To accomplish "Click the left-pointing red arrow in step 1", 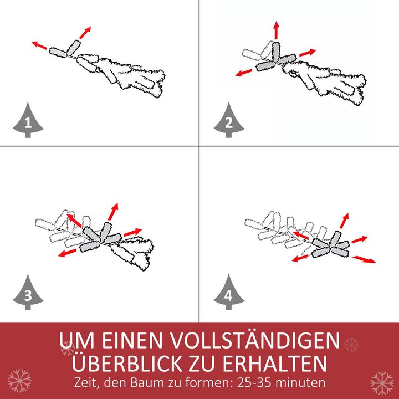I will click(39, 45).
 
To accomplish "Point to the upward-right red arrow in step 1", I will click(84, 32).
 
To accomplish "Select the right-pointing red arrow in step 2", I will click(307, 53).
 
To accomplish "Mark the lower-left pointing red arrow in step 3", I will click(67, 253).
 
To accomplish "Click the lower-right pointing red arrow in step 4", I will click(365, 259).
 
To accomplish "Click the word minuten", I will click(303, 383).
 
